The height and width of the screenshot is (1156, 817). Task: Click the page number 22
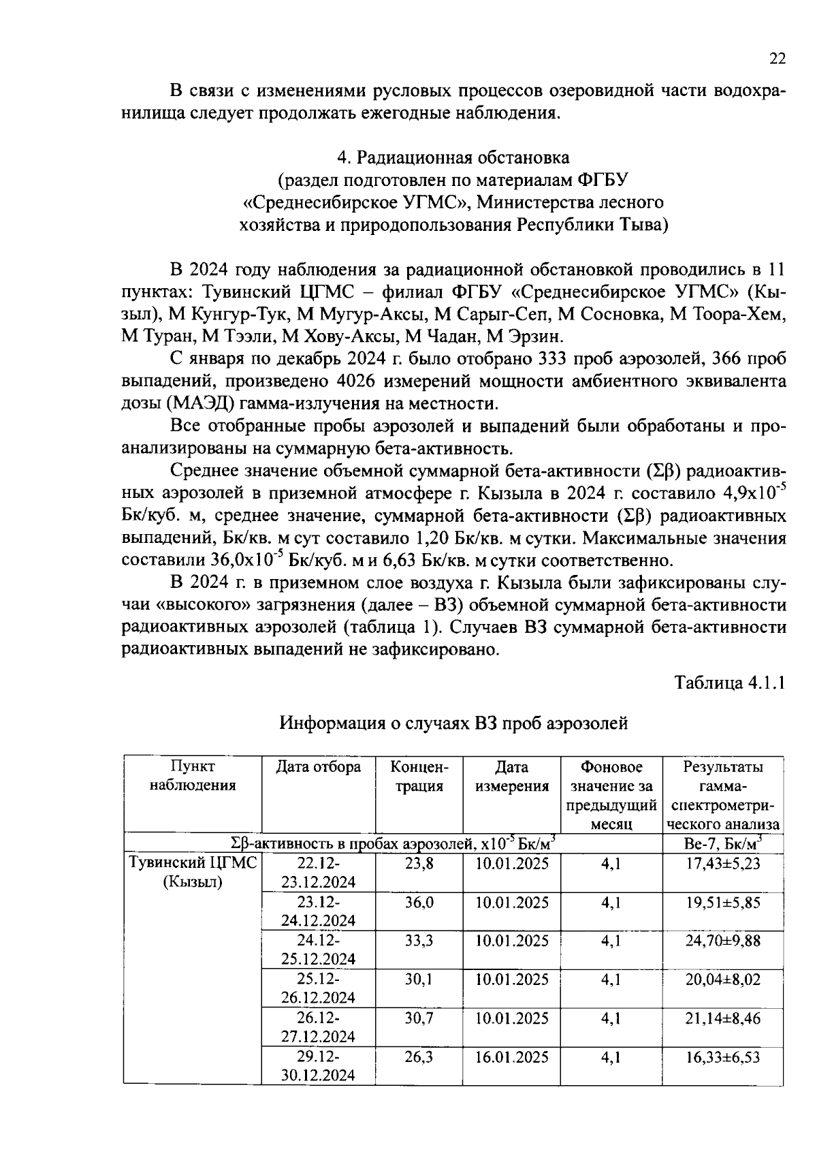tap(778, 59)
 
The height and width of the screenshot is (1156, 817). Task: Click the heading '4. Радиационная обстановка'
tap(453, 157)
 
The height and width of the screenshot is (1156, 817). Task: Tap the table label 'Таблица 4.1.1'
tap(730, 683)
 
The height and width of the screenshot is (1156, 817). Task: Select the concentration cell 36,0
tap(419, 903)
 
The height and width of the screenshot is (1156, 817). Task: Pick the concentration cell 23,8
tap(419, 864)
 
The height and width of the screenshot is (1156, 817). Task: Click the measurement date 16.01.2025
tap(512, 1057)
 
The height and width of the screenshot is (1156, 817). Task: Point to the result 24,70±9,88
tap(723, 941)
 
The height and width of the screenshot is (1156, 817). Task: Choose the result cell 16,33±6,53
tap(723, 1057)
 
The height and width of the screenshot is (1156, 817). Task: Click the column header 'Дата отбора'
tap(318, 767)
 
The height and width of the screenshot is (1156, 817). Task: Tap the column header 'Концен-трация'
tap(419, 777)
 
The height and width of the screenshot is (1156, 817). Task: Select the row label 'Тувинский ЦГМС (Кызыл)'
tap(193, 873)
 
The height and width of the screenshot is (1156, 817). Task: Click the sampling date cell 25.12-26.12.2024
tap(318, 989)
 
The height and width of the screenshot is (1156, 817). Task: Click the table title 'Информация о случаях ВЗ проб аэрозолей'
tap(453, 723)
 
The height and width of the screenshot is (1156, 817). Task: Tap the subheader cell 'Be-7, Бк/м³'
tap(723, 843)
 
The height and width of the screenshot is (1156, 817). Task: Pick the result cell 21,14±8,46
tap(723, 1018)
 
